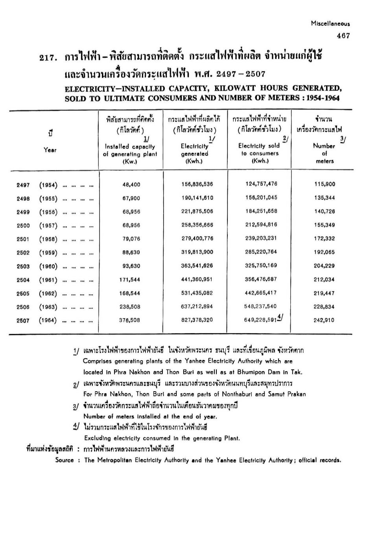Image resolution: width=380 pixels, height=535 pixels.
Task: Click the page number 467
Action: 343,36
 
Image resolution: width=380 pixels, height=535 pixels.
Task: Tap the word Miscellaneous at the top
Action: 330,24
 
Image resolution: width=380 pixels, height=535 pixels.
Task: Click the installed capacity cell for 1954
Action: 131,185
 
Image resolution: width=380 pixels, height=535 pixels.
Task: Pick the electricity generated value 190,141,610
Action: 197,198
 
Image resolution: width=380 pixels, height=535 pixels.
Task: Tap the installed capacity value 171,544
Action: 129,280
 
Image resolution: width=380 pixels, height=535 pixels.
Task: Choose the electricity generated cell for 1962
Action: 197,293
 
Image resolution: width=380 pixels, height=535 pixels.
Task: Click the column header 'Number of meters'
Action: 324,153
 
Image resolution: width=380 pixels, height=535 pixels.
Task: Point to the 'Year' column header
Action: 50,150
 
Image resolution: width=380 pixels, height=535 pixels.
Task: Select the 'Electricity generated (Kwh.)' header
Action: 194,153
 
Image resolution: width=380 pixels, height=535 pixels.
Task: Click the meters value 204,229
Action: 324,266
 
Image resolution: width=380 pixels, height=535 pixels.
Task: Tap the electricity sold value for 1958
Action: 261,238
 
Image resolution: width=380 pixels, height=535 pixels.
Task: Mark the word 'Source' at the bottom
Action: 65,460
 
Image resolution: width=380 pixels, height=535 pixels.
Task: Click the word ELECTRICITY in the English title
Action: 89,88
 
